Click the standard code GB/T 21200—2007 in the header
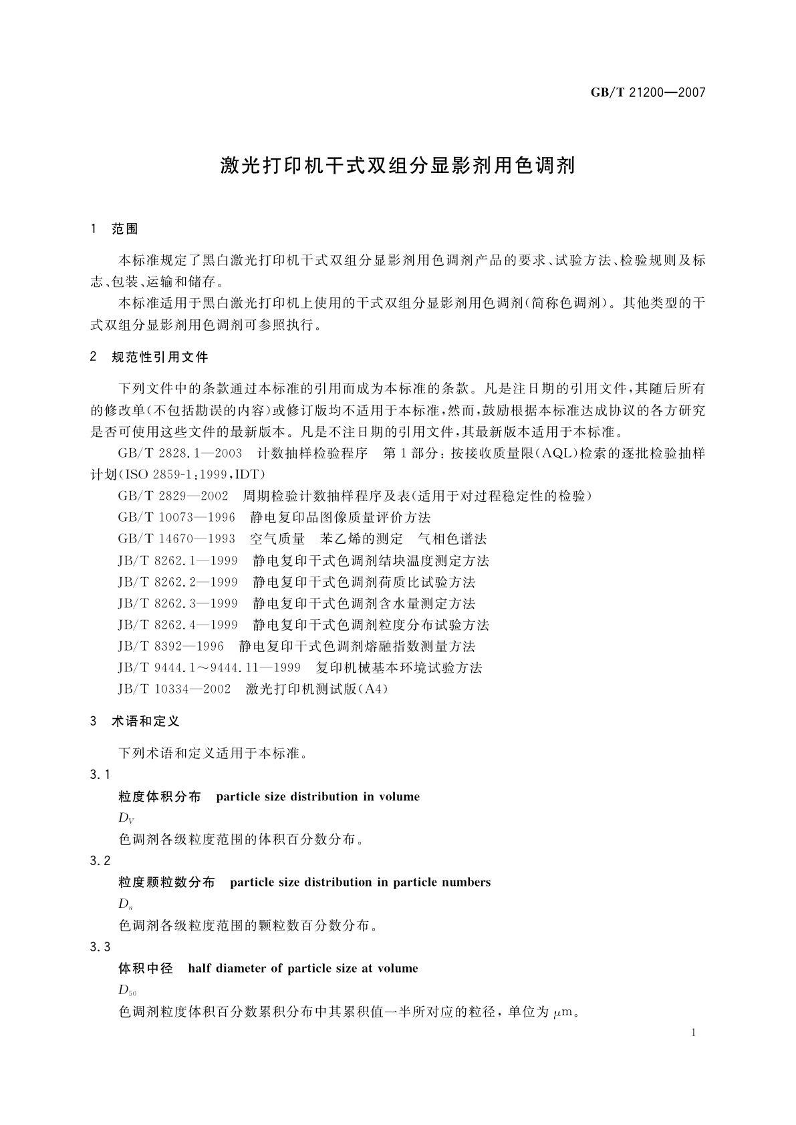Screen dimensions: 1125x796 [648, 93]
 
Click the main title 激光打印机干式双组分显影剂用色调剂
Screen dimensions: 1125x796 [398, 166]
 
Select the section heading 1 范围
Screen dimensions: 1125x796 [114, 229]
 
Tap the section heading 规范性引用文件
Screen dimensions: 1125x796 [160, 357]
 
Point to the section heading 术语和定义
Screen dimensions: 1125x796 [146, 721]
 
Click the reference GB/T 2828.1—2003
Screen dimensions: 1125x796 [180, 453]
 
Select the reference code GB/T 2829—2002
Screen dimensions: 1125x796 [173, 496]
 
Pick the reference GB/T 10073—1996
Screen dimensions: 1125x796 [176, 517]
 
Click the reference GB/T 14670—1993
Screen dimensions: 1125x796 [176, 538]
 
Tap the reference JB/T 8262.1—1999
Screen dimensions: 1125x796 [178, 560]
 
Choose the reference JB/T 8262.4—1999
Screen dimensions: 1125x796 [178, 625]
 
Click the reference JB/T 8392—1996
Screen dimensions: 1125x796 [171, 646]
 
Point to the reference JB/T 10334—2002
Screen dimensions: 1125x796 [174, 689]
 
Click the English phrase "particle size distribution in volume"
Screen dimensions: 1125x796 [318, 796]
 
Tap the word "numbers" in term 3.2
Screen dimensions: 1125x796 [466, 882]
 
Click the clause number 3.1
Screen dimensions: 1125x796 [100, 775]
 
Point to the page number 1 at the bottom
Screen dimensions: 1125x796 [693, 1033]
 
